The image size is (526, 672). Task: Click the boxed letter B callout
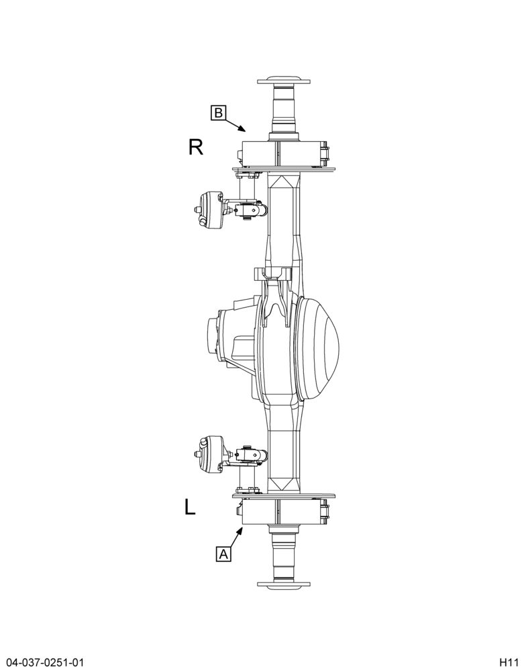tap(218, 113)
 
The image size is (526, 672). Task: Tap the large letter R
tap(196, 147)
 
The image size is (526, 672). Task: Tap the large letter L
tap(190, 507)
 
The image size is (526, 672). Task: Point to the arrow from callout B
tap(235, 124)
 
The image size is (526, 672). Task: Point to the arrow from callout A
tap(237, 538)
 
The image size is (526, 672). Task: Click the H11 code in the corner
tap(508, 661)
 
